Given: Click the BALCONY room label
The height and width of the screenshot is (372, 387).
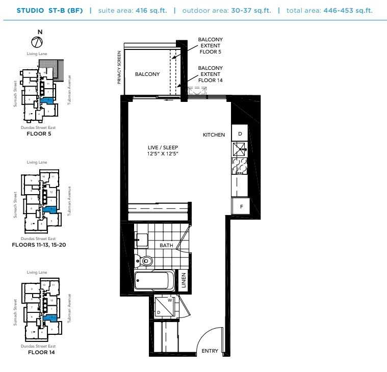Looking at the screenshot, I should point(147,74).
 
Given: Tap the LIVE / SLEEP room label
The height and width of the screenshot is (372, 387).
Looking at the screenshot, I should point(159,147).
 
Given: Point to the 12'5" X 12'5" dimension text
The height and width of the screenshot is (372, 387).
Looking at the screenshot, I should point(159,153).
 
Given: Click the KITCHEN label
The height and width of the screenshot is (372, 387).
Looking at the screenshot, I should point(214,135).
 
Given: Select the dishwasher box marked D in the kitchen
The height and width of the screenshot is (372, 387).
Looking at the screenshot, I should point(240,134).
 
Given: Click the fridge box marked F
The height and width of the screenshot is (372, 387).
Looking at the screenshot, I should point(240,206).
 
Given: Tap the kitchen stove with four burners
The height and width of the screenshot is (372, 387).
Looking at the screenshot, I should point(240,167).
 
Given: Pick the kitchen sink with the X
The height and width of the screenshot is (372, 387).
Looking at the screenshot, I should point(240,149).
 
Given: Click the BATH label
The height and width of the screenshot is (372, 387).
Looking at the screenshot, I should point(167,246).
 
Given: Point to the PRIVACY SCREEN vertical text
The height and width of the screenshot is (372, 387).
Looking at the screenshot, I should point(119,67).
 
